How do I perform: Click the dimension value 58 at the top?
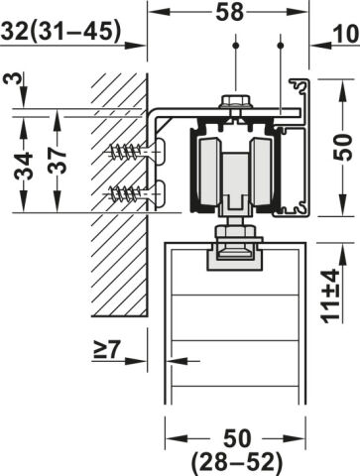(x=229, y=13)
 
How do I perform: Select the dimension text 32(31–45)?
(x=60, y=32)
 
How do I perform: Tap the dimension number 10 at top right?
(x=346, y=34)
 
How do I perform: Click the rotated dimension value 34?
(x=24, y=166)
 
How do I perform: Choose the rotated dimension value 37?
(x=58, y=161)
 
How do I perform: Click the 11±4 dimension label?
(x=331, y=296)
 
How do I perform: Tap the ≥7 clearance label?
(x=105, y=349)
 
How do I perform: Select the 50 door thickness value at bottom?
(x=237, y=438)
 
